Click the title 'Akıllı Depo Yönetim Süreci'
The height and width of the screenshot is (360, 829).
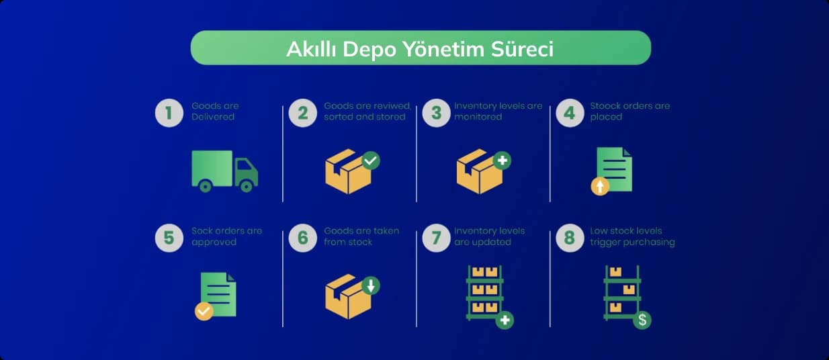(x=420, y=49)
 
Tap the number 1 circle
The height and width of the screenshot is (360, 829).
(x=169, y=113)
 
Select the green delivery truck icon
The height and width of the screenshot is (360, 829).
(x=224, y=171)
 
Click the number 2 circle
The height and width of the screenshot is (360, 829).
(x=303, y=113)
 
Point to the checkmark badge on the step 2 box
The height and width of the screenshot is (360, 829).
(x=371, y=161)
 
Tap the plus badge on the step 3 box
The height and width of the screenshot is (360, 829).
(x=503, y=161)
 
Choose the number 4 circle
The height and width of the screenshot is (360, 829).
(x=570, y=113)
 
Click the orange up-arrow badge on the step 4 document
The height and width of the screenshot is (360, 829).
(x=600, y=186)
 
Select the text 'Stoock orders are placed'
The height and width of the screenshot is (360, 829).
(x=630, y=111)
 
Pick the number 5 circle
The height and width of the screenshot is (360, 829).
(x=169, y=238)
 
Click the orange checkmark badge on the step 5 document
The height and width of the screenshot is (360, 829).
(x=204, y=311)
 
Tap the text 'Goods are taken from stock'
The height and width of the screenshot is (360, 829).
(x=361, y=236)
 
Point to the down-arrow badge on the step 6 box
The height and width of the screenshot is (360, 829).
(x=371, y=285)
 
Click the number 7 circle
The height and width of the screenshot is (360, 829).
(x=437, y=238)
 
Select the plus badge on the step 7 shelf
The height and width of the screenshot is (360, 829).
(x=505, y=320)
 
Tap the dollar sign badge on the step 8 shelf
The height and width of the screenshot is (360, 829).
(x=642, y=320)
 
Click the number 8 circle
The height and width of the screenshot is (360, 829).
(x=570, y=238)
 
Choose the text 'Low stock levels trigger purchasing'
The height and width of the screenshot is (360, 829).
(x=632, y=236)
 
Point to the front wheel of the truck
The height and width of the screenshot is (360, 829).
(x=246, y=186)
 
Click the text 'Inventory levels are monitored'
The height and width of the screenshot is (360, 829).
(x=498, y=111)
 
